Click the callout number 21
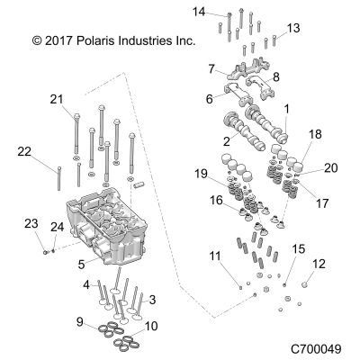(57, 99)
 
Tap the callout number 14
(199, 12)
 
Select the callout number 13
(293, 28)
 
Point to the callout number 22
(24, 152)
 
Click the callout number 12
(319, 264)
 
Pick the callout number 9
(80, 322)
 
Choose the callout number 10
(151, 326)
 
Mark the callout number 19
(201, 174)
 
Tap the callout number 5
(81, 265)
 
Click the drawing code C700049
(316, 349)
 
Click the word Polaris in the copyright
(94, 40)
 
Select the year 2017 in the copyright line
(58, 40)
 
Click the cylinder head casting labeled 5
(106, 225)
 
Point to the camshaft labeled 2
(245, 131)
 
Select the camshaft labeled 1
(266, 124)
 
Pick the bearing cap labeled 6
(238, 94)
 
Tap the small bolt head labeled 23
(45, 253)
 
